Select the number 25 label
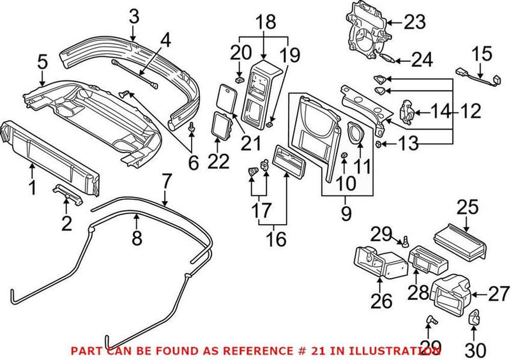468,208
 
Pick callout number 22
218,161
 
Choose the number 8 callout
136,239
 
